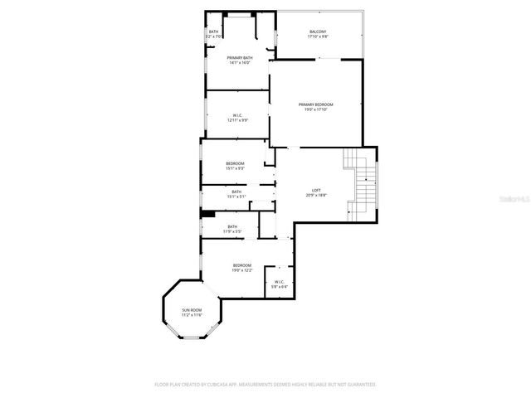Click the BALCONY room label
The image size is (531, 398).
click(318, 32)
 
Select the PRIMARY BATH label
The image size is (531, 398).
click(240, 57)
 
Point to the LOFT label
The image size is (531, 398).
click(316, 190)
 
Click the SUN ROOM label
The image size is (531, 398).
click(192, 310)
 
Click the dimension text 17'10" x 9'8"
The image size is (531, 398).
click(318, 37)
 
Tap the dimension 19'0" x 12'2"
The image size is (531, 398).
click(241, 270)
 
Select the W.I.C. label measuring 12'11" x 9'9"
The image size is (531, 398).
click(237, 115)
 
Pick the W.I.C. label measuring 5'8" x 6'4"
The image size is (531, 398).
click(279, 282)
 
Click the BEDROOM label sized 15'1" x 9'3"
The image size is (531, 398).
click(235, 163)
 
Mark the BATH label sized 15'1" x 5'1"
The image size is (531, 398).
click(236, 192)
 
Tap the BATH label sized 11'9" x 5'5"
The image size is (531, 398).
click(232, 226)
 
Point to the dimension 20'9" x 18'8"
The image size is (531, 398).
click(316, 196)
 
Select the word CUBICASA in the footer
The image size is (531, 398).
click(215, 385)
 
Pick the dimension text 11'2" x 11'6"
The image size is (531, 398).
click(192, 315)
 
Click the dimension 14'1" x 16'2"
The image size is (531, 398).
click(240, 62)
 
